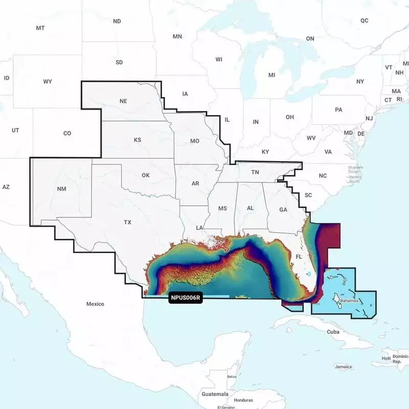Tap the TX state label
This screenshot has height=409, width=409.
[x=128, y=222]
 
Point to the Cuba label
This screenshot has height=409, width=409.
[x=333, y=332]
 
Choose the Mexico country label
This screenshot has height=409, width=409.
[x=95, y=304]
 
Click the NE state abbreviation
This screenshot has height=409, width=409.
[x=123, y=101]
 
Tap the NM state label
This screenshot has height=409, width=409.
[x=61, y=189]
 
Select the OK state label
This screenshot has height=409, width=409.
[x=146, y=175]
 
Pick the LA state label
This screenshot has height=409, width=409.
[x=200, y=227]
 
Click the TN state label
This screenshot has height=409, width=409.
[x=255, y=173]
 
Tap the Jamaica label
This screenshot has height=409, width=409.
[x=343, y=367]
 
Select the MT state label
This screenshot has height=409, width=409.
[x=40, y=28]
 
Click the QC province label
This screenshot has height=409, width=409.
[x=364, y=20]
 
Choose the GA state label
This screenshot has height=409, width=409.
[x=283, y=210]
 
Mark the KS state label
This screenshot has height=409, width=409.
[x=138, y=140]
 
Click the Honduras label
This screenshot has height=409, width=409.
[x=243, y=400]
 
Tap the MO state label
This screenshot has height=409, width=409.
[x=194, y=141]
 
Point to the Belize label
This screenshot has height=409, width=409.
[x=232, y=376]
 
